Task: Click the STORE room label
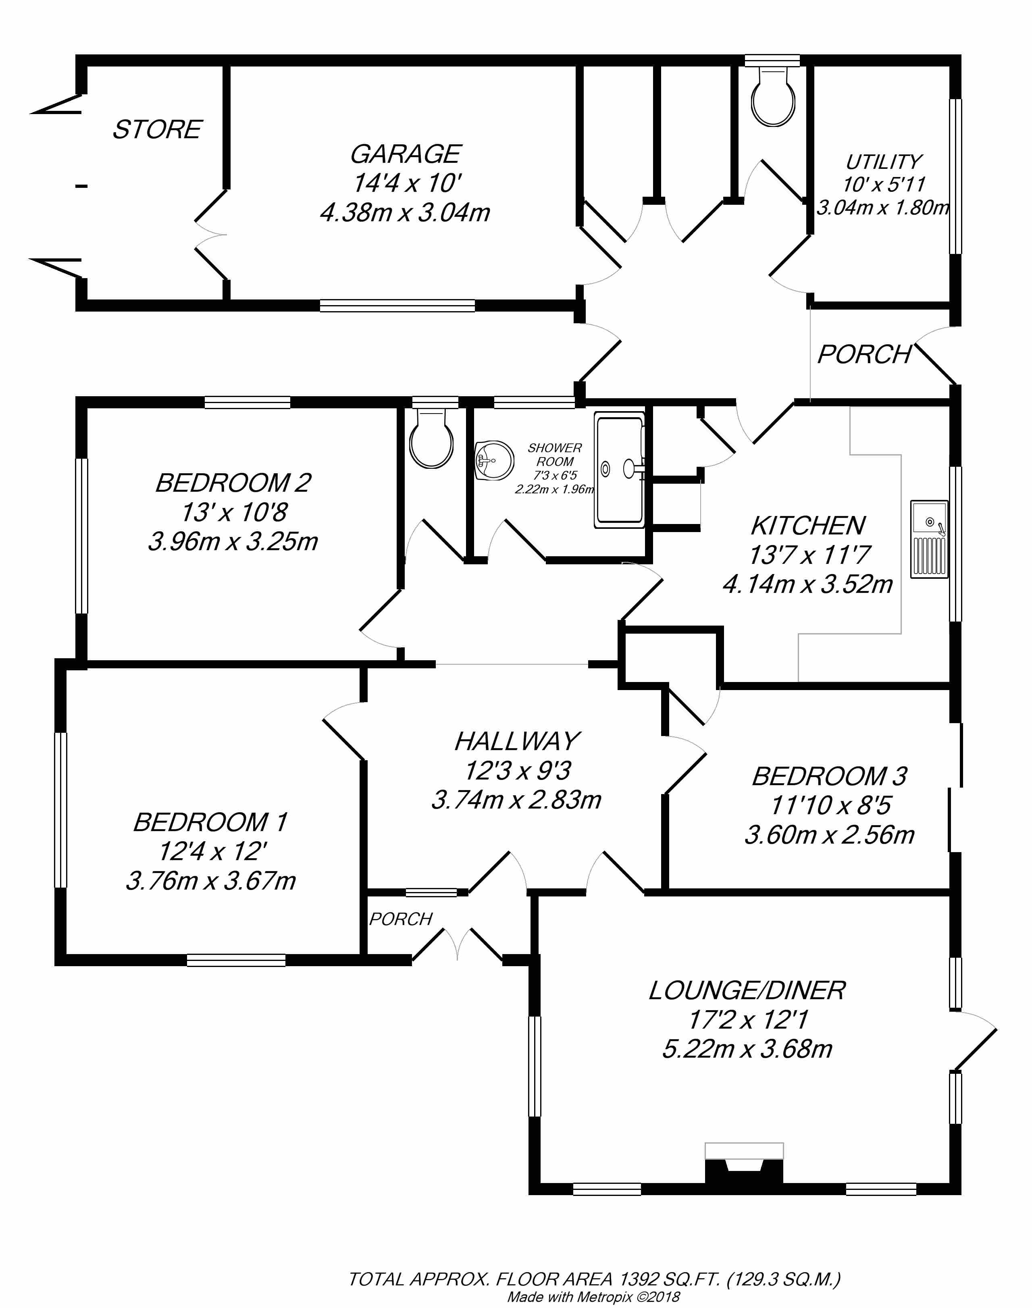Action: (x=157, y=129)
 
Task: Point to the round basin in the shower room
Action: (x=494, y=461)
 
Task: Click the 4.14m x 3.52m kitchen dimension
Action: (x=808, y=584)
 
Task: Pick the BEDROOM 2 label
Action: (x=233, y=483)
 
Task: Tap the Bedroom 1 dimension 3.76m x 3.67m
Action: (x=211, y=880)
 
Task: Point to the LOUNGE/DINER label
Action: (x=747, y=990)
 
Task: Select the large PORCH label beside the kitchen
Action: (x=864, y=355)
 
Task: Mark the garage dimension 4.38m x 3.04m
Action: (x=405, y=213)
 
